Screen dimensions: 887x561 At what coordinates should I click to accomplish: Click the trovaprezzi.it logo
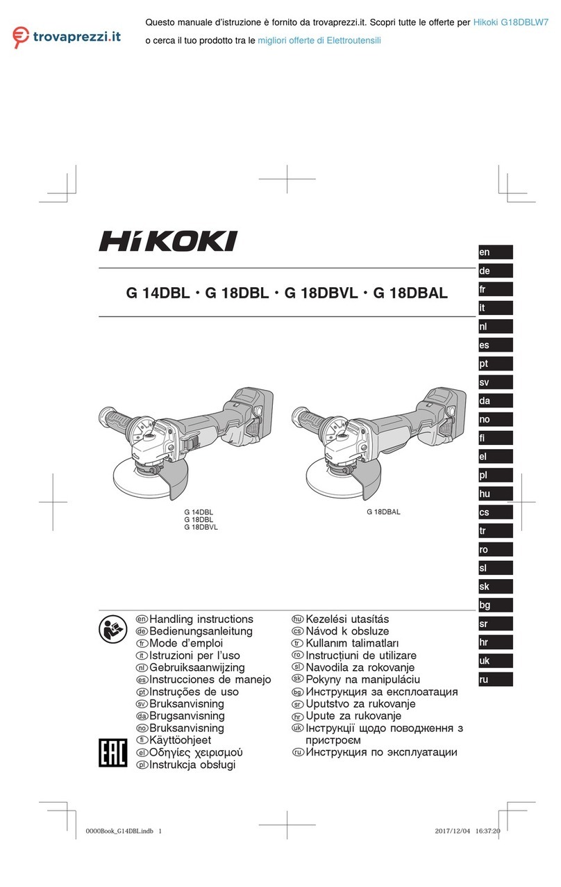[66, 35]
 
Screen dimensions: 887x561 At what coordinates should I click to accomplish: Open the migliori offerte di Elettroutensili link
[319, 41]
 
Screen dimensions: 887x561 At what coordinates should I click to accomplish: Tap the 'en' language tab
[495, 252]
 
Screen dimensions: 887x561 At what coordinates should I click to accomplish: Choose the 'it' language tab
[495, 307]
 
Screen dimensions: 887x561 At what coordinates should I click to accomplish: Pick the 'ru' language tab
[495, 679]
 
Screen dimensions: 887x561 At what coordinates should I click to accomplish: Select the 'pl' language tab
[495, 475]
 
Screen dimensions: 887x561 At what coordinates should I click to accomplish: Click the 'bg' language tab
[495, 605]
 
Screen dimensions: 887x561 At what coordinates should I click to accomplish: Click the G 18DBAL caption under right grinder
[383, 512]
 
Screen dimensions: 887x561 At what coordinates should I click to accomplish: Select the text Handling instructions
[201, 619]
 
